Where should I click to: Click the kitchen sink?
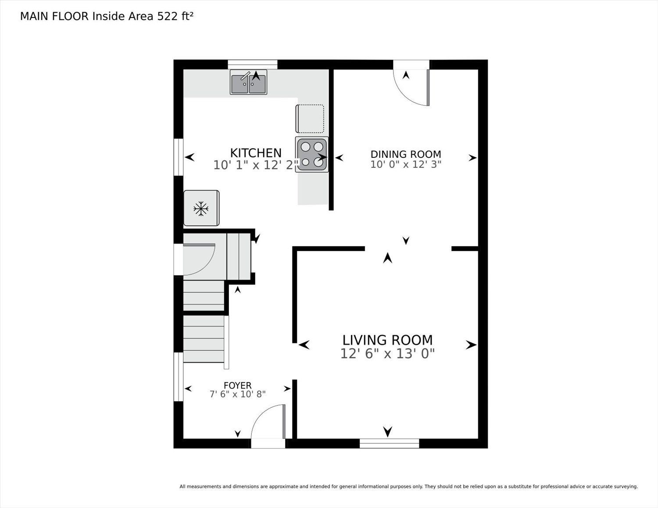pyautogui.click(x=248, y=82)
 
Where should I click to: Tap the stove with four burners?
pyautogui.click(x=312, y=155)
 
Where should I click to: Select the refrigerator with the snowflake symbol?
pyautogui.click(x=201, y=208)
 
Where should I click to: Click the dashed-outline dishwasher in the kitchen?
pyautogui.click(x=310, y=119)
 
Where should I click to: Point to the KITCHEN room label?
pyautogui.click(x=256, y=153)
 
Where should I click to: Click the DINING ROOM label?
pyautogui.click(x=406, y=154)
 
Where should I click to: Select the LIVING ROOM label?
pyautogui.click(x=387, y=341)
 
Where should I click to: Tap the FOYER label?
pyautogui.click(x=238, y=385)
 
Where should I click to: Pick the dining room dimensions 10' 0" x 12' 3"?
pyautogui.click(x=406, y=164)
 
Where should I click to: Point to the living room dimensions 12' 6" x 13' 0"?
pyautogui.click(x=387, y=353)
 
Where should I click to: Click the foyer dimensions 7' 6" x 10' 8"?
pyautogui.click(x=238, y=394)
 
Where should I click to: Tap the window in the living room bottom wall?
pyautogui.click(x=390, y=444)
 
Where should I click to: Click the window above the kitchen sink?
pyautogui.click(x=253, y=64)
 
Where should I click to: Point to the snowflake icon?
pyautogui.click(x=201, y=209)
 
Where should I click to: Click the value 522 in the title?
pyautogui.click(x=167, y=16)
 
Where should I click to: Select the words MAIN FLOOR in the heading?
pyautogui.click(x=54, y=16)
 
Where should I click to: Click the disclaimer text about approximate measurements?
pyautogui.click(x=409, y=487)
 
